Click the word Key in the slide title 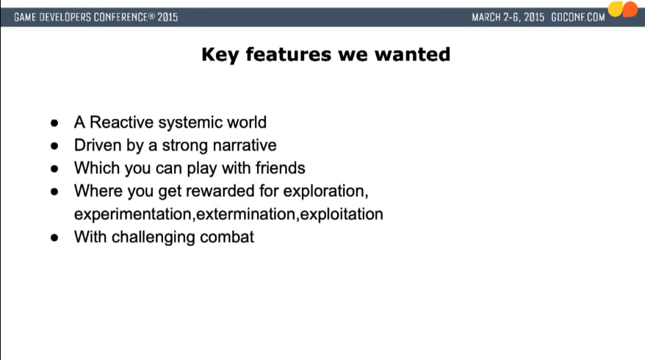coord(220,55)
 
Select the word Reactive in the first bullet coord(122,122)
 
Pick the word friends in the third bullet coord(280,168)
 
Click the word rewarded coord(220,191)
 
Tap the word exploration coord(325,191)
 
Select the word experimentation coord(133,215)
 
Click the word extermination coord(246,215)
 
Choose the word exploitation coord(342,215)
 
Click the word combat coord(227,237)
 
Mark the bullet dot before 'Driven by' coord(54,145)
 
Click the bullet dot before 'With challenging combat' coord(54,237)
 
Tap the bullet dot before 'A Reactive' coord(54,123)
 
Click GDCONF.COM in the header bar coord(578,18)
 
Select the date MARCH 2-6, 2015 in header coord(508,18)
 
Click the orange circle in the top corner coord(630,9)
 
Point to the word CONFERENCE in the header coord(120,18)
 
